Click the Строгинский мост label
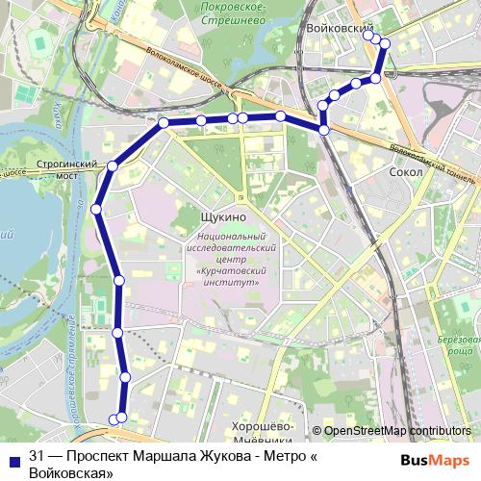(x=70, y=170)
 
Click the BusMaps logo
(x=438, y=458)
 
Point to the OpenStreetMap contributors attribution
(x=397, y=431)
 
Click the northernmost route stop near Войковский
(x=374, y=38)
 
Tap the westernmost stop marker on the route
(x=96, y=209)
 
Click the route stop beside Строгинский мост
(x=113, y=166)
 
